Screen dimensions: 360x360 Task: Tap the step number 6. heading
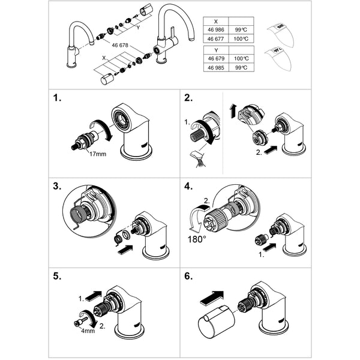coord(189,277)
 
